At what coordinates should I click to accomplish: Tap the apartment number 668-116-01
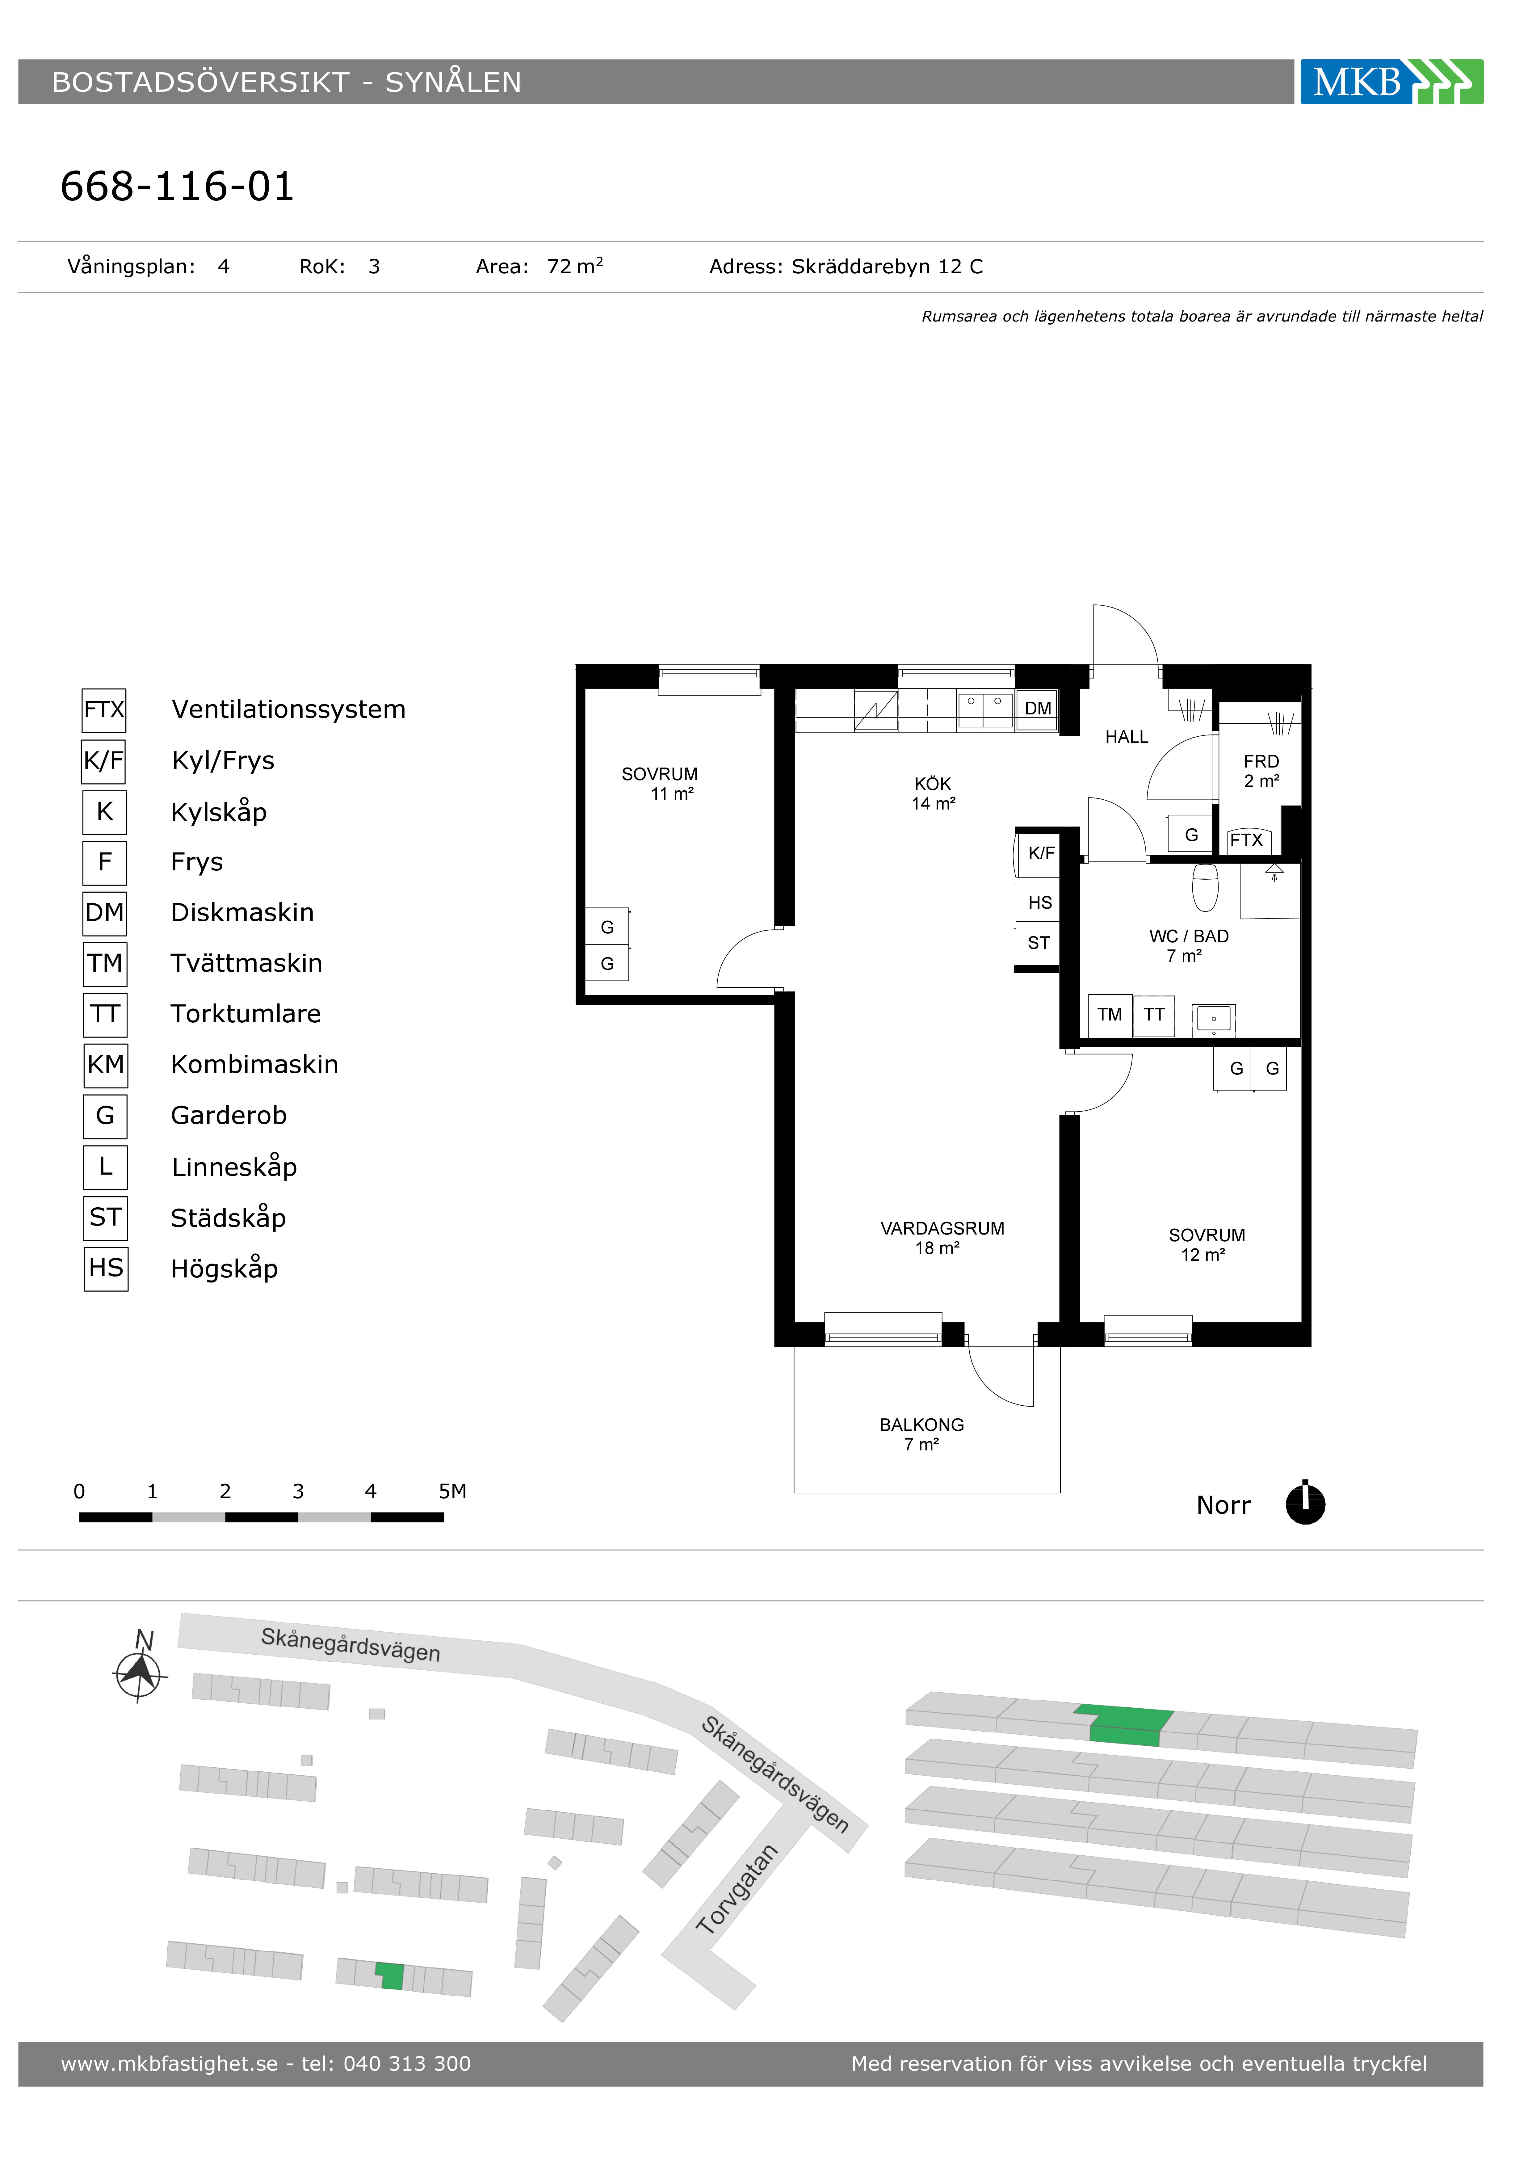coord(178,187)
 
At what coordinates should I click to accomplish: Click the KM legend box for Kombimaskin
coord(106,1065)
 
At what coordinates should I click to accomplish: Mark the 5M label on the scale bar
coord(452,1491)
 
